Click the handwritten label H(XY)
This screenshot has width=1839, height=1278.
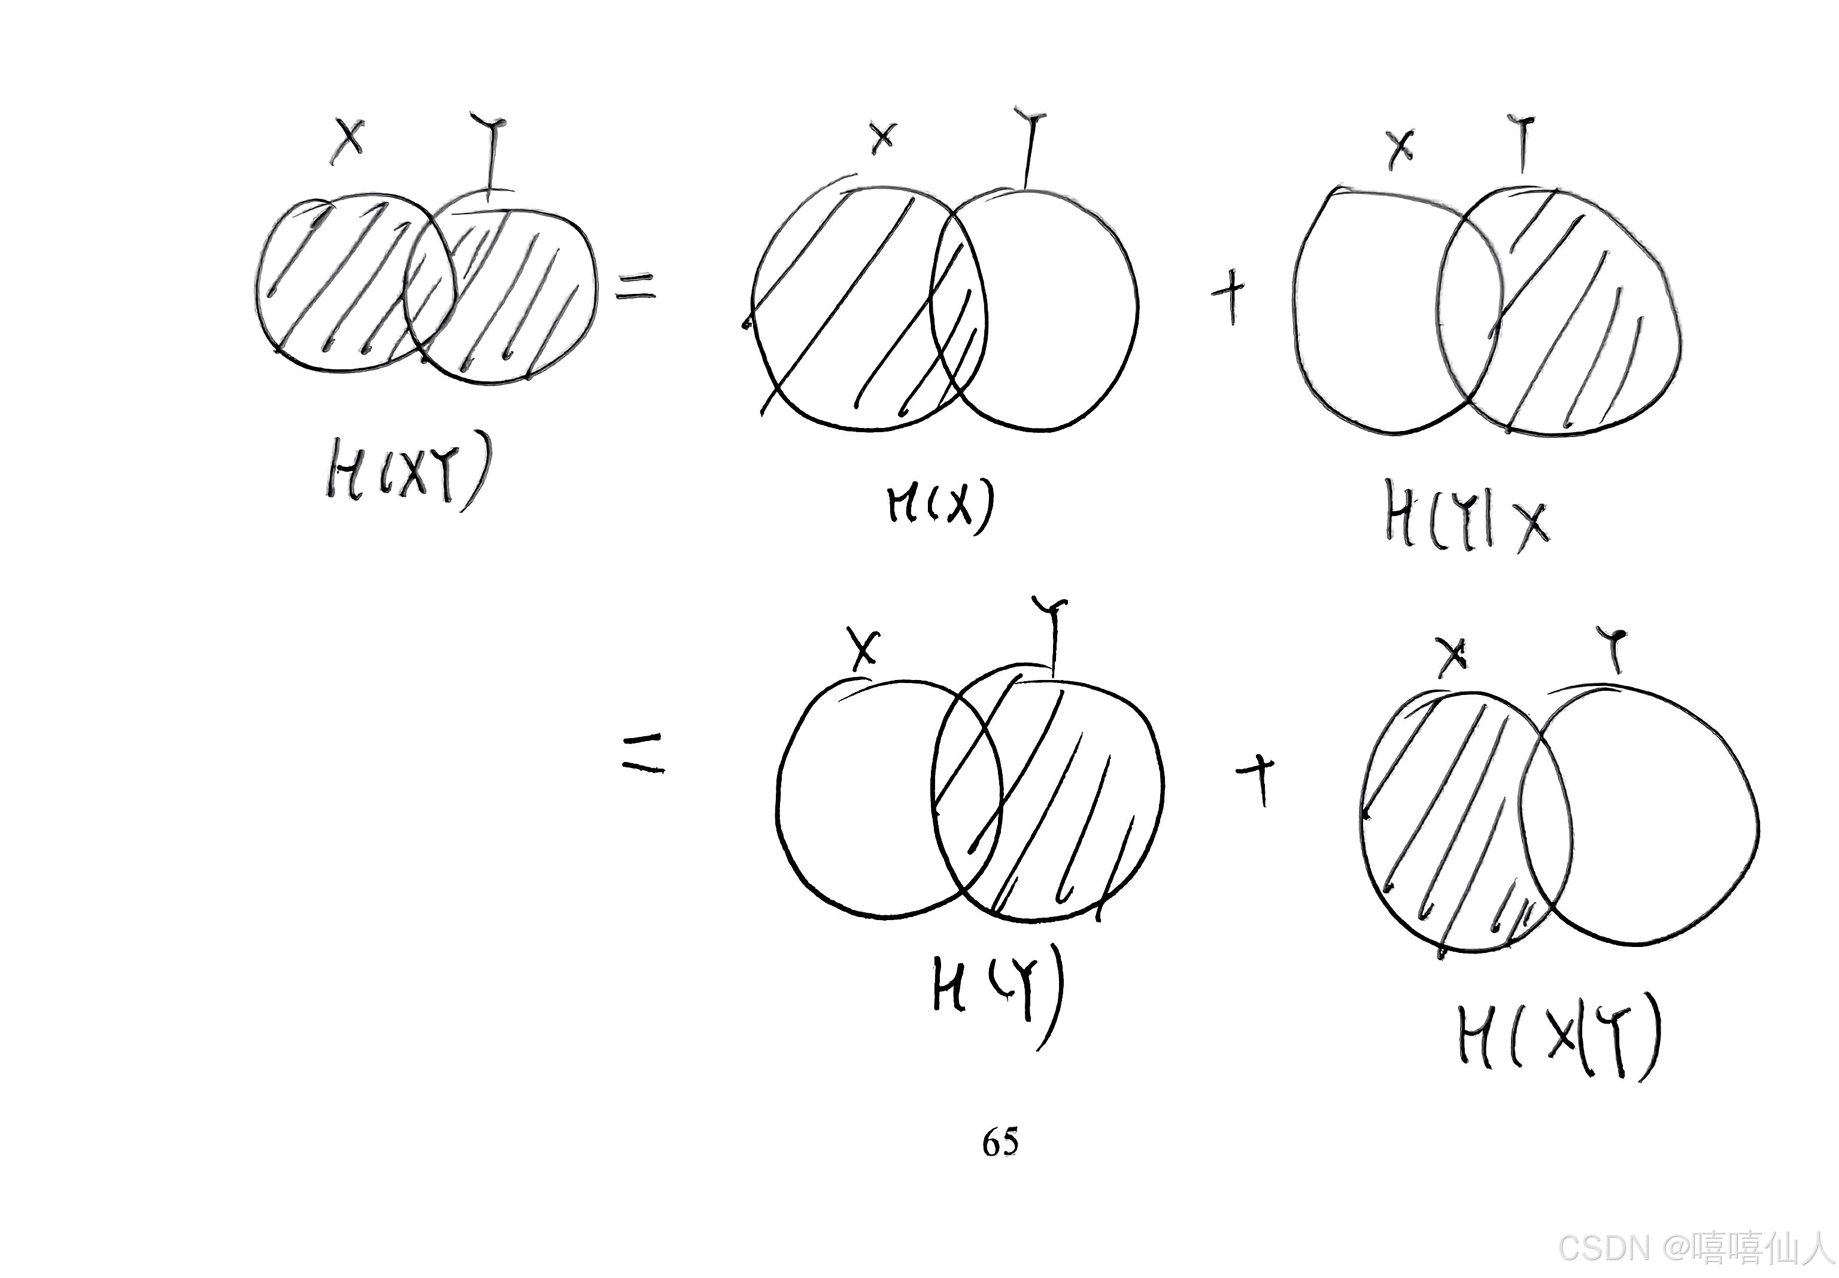406,477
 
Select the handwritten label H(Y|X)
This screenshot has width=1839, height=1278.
1465,521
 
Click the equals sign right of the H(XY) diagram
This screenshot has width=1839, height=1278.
635,286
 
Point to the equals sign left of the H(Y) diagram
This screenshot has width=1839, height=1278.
644,755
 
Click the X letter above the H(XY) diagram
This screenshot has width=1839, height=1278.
348,139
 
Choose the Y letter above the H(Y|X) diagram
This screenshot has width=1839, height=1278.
1523,142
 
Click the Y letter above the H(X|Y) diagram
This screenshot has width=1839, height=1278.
1615,649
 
